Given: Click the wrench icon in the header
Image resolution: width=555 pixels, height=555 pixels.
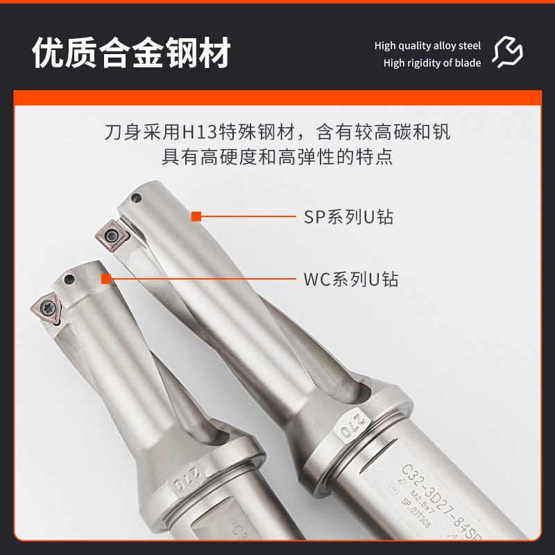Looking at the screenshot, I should point(508,52).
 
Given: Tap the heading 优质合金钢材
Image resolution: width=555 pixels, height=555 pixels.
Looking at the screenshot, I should point(131,53).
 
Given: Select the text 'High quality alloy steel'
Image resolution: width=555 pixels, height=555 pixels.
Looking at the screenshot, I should point(427,46).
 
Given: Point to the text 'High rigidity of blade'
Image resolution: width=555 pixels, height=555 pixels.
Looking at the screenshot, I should point(432,63).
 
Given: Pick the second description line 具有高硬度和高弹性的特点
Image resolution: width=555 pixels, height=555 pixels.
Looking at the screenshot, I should point(277,156).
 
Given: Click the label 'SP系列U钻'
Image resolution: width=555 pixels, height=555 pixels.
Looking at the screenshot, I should point(349,216).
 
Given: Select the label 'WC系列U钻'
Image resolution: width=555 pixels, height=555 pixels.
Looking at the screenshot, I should point(351,280).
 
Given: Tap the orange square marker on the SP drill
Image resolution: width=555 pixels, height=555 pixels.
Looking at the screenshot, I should point(196,216).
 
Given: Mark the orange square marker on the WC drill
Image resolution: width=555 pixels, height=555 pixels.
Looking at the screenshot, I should point(106,280).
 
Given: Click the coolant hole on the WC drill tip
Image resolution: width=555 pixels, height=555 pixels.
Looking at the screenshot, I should point(69,280).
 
